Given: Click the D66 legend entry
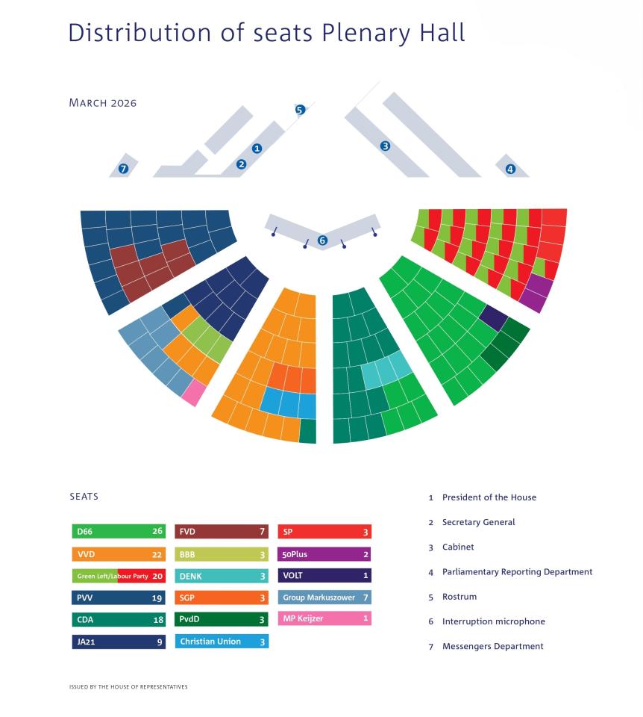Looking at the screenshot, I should tap(118, 532).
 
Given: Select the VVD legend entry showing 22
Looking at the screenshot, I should tap(118, 554).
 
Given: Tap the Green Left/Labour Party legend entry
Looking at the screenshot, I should tap(118, 576).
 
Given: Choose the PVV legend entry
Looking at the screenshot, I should tap(118, 597).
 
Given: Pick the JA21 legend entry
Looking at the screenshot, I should tap(118, 641).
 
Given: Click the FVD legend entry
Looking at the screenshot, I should tap(221, 532).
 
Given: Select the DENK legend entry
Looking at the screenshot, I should tap(221, 576).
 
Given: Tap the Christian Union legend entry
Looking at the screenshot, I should tap(221, 641).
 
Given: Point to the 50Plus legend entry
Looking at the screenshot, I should tap(324, 554).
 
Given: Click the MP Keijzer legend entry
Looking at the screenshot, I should tap(324, 618).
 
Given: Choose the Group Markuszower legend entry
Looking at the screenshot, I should tap(324, 597).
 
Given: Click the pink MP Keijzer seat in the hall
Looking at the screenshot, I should tap(193, 393).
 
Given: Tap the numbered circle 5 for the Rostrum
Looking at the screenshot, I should tap(300, 110).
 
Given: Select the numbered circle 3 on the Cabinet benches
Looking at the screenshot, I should tap(385, 146).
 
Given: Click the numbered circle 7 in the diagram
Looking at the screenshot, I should tap(124, 169).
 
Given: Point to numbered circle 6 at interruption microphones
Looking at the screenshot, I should tap(322, 240).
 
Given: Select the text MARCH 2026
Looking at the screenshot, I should tap(102, 103).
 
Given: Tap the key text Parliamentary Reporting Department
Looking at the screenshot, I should tap(517, 571).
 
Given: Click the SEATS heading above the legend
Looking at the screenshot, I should tap(84, 496).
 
